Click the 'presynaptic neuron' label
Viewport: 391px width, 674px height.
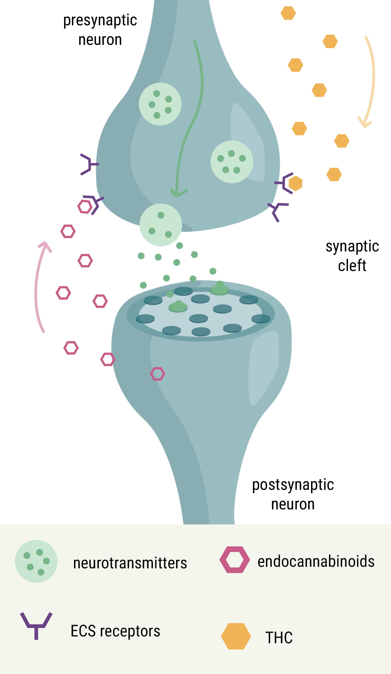pyautogui.click(x=100, y=30)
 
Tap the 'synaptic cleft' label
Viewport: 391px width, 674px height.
pyautogui.click(x=352, y=256)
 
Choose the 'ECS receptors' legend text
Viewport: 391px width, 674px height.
pyautogui.click(x=115, y=631)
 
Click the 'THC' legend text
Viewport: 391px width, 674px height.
pyautogui.click(x=279, y=638)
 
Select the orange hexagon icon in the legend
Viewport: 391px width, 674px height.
pyautogui.click(x=236, y=636)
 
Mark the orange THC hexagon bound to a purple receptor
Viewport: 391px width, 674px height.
pyautogui.click(x=295, y=183)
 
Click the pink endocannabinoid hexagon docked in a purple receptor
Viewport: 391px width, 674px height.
pyautogui.click(x=85, y=207)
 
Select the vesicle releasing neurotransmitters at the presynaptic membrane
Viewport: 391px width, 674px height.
pyautogui.click(x=161, y=225)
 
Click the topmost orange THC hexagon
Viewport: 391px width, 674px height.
pyautogui.click(x=288, y=13)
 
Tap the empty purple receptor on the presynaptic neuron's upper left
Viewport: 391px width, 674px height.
pyautogui.click(x=89, y=164)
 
